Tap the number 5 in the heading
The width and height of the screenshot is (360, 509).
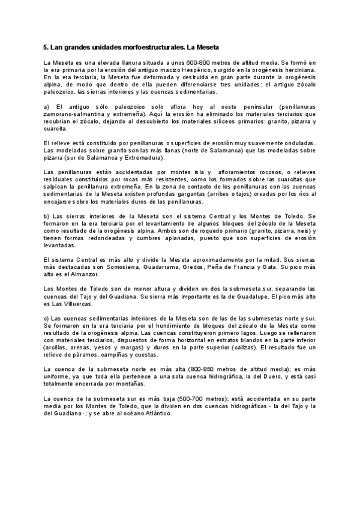pos(46,47)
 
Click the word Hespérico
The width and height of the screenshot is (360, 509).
pos(183,70)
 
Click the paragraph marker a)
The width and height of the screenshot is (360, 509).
pos(47,107)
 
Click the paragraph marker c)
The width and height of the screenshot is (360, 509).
pos(47,318)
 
